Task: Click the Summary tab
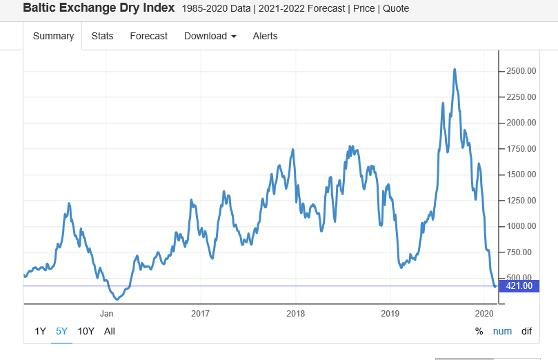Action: pyautogui.click(x=53, y=36)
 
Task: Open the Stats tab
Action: pyautogui.click(x=102, y=36)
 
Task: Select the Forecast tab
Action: pyautogui.click(x=148, y=36)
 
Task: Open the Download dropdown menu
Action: pyautogui.click(x=210, y=36)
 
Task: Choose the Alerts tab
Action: pyautogui.click(x=265, y=36)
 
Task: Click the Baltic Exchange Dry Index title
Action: pyautogui.click(x=99, y=8)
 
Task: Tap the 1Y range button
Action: pyautogui.click(x=41, y=331)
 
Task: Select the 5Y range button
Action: pyautogui.click(x=62, y=331)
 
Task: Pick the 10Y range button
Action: pyautogui.click(x=86, y=331)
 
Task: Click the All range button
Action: pyautogui.click(x=110, y=331)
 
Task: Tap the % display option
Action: pyautogui.click(x=479, y=331)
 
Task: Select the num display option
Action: pyautogui.click(x=502, y=331)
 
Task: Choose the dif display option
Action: pyautogui.click(x=526, y=331)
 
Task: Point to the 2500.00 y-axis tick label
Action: pyautogui.click(x=521, y=71)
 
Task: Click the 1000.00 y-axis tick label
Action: pyautogui.click(x=521, y=226)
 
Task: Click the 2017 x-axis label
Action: pyautogui.click(x=200, y=313)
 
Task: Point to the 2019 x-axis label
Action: pyautogui.click(x=390, y=313)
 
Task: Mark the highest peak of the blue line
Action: pyautogui.click(x=454, y=69)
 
